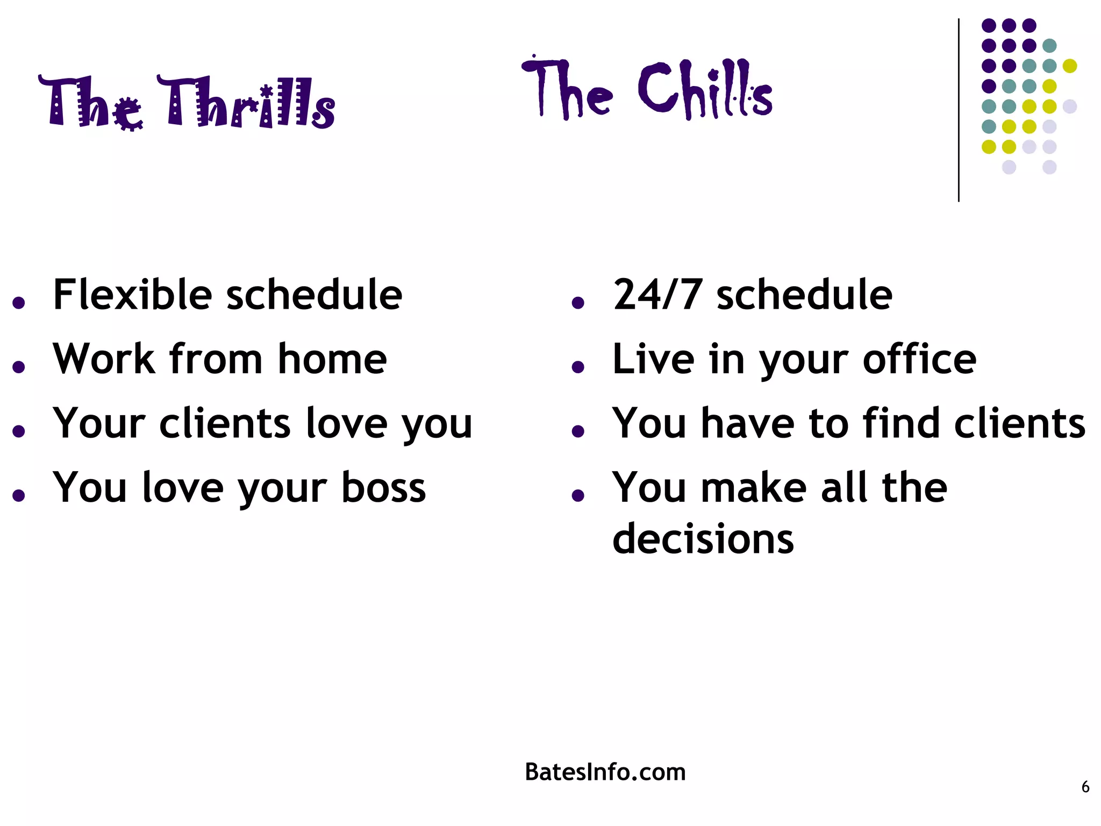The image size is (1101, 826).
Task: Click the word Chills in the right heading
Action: coord(704,89)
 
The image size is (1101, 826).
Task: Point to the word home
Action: coord(332,359)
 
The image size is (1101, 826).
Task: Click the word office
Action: coord(919,359)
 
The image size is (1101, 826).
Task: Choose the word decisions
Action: coord(703,538)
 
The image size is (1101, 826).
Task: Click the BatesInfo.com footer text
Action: coord(605,772)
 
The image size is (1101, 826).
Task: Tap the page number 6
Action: coord(1085,787)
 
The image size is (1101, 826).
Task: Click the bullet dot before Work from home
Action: coord(19,367)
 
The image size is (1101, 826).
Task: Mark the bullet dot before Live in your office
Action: coord(578,367)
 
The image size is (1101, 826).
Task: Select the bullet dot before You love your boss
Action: coord(19,495)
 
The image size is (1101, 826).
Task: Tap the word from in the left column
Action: coord(216,359)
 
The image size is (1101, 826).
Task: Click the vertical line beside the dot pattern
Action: coord(959,110)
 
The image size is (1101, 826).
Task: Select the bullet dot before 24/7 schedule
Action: coord(578,303)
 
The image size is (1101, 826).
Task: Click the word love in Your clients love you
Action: coord(346,423)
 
